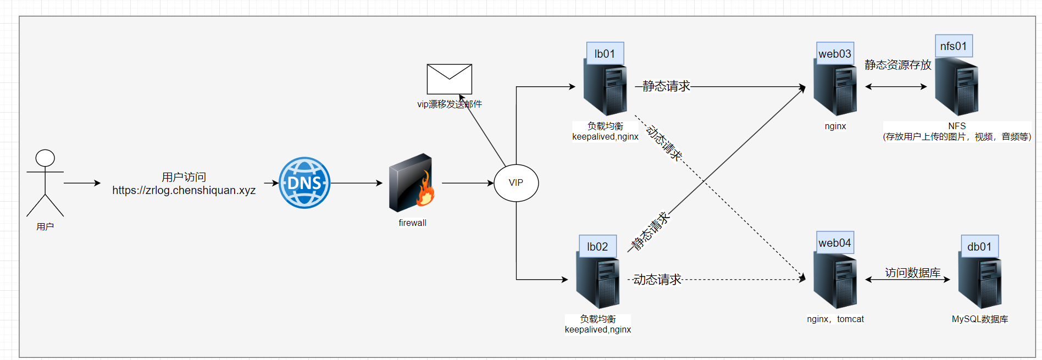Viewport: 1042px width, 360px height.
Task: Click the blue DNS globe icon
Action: coord(304,183)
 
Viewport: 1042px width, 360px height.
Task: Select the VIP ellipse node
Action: coord(516,183)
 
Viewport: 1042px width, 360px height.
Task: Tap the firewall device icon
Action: coord(411,183)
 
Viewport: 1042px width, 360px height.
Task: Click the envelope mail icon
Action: coord(450,79)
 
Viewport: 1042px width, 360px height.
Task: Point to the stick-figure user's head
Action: coord(45,158)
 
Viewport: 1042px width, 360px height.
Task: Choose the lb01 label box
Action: coord(605,54)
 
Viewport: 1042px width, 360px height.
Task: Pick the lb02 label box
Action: coord(597,247)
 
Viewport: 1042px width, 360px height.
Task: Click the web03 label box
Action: coord(835,54)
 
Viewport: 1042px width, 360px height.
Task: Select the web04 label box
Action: coord(835,243)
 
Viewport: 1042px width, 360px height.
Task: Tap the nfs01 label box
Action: coord(954,46)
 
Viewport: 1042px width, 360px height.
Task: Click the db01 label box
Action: coord(979,247)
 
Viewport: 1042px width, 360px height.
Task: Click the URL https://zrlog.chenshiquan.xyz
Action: coord(184,191)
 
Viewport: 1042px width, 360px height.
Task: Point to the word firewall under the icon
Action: coord(412,223)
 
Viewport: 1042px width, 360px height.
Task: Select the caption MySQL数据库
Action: coord(980,319)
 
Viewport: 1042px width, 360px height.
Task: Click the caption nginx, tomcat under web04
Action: coord(835,319)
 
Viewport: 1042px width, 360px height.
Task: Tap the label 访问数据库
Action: coord(912,273)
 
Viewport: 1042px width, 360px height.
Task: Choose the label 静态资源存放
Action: coord(898,65)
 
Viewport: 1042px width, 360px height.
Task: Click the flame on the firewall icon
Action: coord(425,191)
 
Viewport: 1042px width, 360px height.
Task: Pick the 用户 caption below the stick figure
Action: coord(45,226)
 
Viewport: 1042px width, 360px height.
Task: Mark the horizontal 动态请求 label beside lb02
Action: coord(657,280)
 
